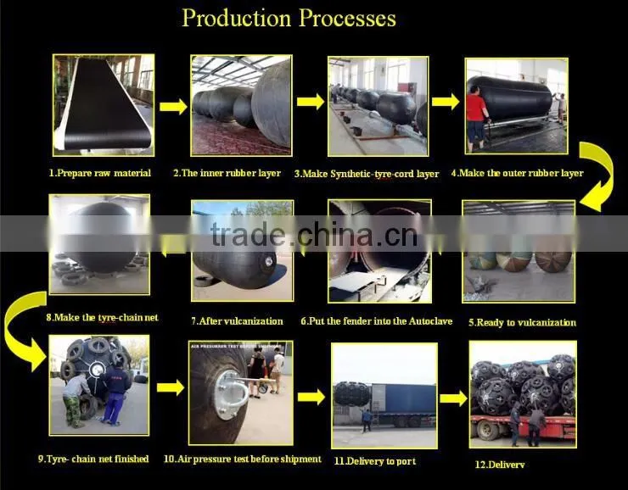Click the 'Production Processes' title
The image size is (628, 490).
point(289,19)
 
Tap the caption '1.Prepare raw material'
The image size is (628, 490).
point(100,173)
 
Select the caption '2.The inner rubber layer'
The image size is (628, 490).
point(227,173)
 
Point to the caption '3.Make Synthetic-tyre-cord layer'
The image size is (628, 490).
point(367,174)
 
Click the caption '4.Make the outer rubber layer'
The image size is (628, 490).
point(517,173)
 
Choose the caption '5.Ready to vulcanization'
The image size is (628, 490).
point(522,322)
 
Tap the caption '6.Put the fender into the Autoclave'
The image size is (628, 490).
point(377,321)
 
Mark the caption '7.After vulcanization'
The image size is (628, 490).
point(237,321)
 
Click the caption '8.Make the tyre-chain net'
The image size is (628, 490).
point(102,318)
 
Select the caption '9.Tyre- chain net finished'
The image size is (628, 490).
point(93,459)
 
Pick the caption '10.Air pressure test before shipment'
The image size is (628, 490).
point(243,459)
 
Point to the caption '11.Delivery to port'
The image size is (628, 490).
point(375,461)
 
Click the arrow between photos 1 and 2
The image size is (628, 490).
point(173,107)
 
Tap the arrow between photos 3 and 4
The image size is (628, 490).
point(446,102)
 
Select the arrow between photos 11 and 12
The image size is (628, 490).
point(453,398)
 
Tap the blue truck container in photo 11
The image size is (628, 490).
point(404,400)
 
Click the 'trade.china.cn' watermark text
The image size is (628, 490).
point(314,234)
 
